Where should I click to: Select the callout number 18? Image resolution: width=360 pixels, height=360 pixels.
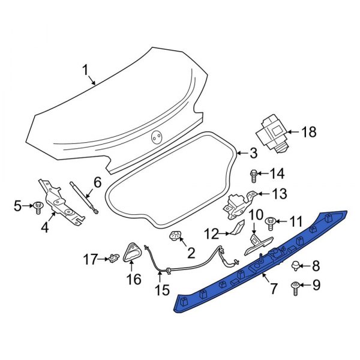tap(308, 132)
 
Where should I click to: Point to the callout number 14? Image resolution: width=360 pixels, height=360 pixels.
tap(277, 174)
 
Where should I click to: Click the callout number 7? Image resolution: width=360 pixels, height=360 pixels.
tap(273, 289)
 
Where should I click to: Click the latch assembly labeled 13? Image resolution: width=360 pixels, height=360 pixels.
tap(238, 204)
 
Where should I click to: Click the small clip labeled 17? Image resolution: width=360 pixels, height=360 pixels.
tap(113, 259)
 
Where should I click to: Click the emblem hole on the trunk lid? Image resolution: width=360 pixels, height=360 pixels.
tap(156, 137)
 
